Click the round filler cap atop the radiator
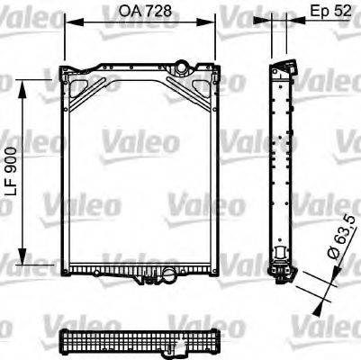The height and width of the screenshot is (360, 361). click(x=183, y=67)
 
